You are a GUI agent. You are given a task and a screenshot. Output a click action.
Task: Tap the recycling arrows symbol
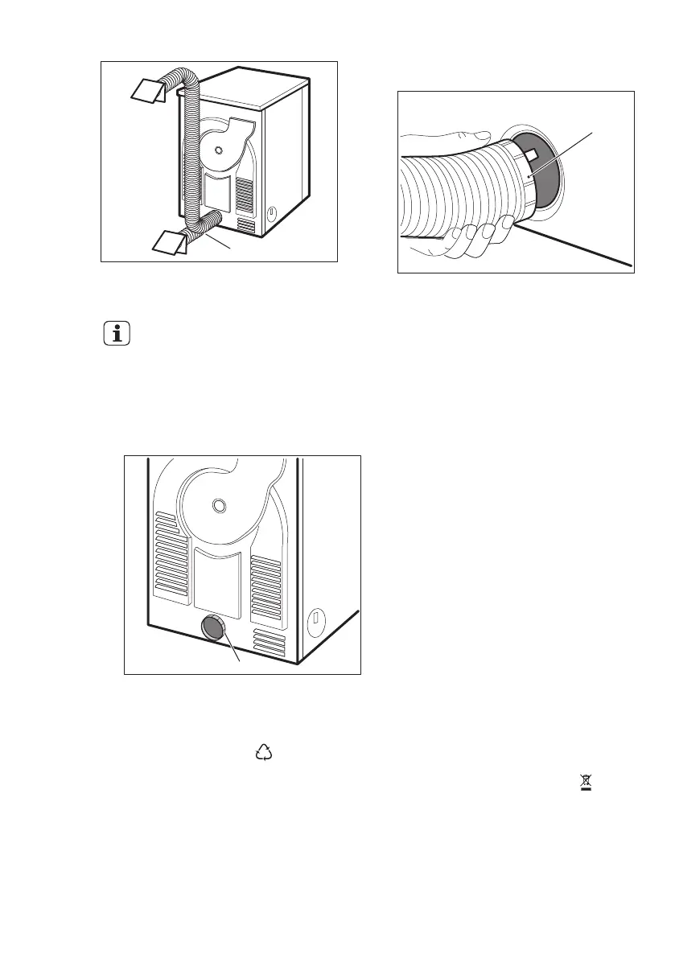[264, 753]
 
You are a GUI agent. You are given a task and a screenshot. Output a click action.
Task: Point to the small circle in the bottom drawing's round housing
[215, 505]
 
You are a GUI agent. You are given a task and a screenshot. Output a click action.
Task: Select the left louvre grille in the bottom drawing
[172, 555]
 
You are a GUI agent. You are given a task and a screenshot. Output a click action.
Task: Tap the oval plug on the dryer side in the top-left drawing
[270, 215]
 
